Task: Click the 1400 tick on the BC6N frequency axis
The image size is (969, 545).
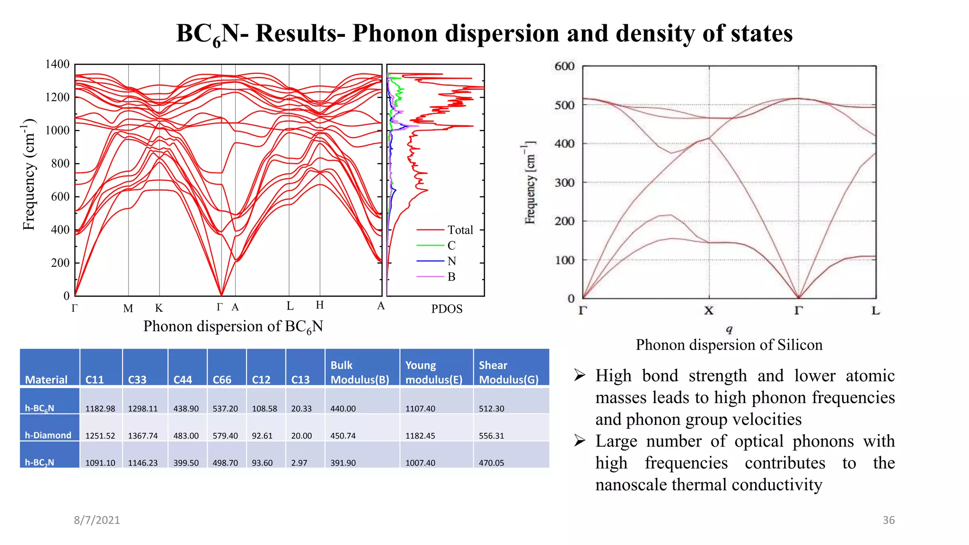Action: (x=57, y=64)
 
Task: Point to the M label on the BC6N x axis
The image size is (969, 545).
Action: (x=128, y=308)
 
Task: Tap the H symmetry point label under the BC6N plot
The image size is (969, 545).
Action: (x=320, y=305)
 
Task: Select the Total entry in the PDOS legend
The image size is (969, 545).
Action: (x=460, y=230)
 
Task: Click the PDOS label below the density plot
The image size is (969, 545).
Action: (x=447, y=309)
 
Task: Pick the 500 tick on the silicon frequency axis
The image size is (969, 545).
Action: (x=564, y=105)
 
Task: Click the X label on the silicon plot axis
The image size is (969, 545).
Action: (x=709, y=311)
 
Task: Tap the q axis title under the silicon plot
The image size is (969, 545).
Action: (x=729, y=329)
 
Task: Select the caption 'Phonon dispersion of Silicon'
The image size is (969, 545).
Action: (x=729, y=345)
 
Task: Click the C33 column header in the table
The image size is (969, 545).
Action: (x=137, y=379)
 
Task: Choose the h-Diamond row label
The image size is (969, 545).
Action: (x=48, y=435)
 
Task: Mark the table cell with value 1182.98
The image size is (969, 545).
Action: (x=100, y=409)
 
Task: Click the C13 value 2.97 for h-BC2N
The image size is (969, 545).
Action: (x=299, y=463)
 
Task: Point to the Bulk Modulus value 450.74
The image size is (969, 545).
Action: (x=343, y=436)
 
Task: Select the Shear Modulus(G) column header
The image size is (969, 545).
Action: (x=509, y=373)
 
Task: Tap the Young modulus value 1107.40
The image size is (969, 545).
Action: (x=420, y=409)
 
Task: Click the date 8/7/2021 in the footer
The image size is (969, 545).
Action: (x=97, y=520)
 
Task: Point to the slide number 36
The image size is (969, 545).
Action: (x=889, y=520)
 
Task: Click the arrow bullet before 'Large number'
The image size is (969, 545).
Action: (x=580, y=441)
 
